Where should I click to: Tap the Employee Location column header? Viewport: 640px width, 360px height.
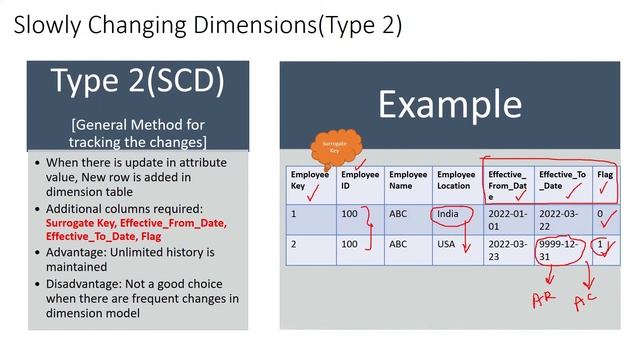pos(456,180)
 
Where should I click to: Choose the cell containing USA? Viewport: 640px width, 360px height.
pos(447,243)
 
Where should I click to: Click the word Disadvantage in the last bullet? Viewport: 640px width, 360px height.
pos(84,283)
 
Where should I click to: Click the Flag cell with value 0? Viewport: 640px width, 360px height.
pos(601,213)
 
